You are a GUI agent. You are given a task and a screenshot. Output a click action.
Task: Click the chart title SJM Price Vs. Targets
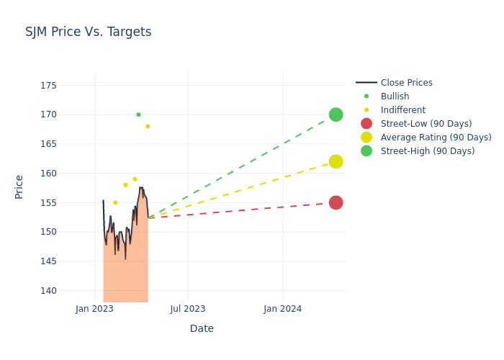[88, 32]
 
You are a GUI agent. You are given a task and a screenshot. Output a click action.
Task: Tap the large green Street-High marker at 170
[336, 114]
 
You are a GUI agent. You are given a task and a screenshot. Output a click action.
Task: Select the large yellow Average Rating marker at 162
[336, 161]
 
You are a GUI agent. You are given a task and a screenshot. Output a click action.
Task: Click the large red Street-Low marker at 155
[336, 202]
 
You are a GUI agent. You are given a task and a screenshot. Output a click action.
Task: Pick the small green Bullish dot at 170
[138, 114]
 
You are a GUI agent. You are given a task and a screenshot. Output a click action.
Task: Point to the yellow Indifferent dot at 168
[148, 126]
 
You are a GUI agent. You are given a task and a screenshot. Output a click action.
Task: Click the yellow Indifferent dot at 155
[115, 202]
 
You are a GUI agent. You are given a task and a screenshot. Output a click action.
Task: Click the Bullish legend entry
[395, 96]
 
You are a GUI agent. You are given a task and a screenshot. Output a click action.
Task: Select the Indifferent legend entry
[402, 110]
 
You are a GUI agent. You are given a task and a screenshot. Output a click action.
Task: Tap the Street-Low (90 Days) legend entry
[426, 124]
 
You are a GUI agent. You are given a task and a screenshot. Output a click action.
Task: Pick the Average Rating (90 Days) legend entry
[436, 138]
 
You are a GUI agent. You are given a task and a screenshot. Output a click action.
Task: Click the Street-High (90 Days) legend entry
[428, 151]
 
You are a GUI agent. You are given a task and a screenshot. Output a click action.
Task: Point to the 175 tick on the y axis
[48, 85]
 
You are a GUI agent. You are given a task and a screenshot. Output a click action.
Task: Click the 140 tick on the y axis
[48, 290]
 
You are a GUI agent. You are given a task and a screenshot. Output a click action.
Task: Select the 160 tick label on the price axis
[48, 173]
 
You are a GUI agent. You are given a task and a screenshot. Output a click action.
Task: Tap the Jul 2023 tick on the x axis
[188, 309]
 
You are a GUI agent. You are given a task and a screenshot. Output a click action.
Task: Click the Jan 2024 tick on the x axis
[282, 309]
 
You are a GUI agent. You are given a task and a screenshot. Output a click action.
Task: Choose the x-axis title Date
[202, 328]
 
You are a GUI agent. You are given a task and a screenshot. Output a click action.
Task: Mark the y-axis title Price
[19, 186]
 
